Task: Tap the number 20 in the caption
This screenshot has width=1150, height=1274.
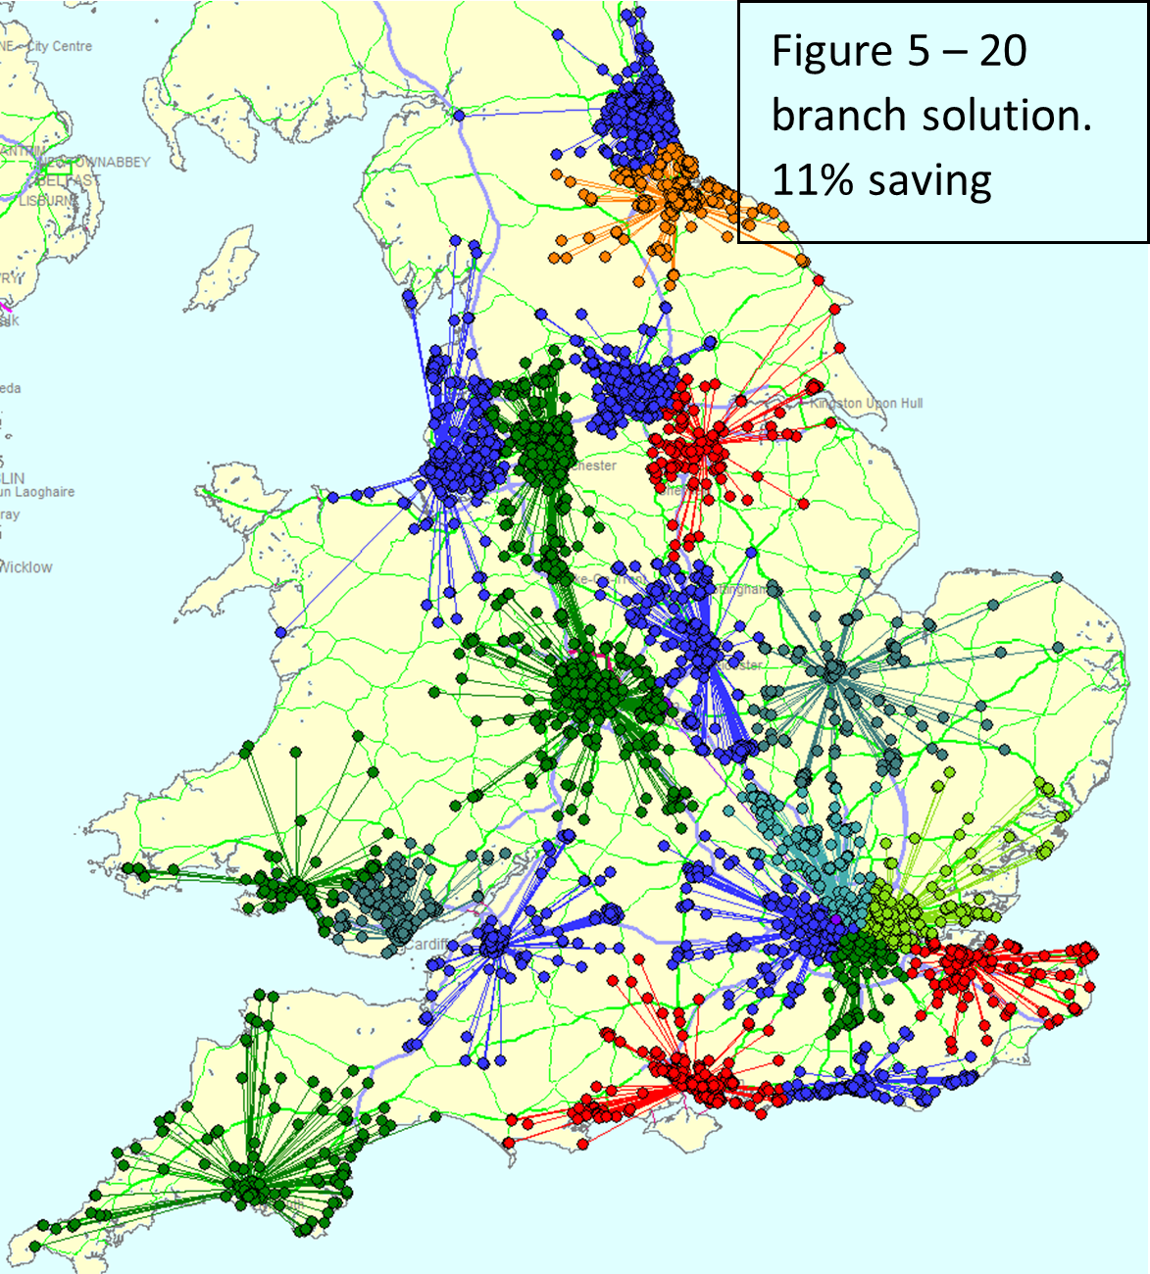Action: click(1002, 51)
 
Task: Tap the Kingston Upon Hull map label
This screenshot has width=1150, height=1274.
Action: click(867, 403)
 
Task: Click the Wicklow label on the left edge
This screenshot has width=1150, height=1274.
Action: click(26, 567)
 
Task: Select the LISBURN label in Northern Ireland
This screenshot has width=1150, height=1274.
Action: click(47, 201)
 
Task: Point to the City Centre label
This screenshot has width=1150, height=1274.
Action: click(60, 46)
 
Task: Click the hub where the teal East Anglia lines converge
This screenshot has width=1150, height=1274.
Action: click(834, 671)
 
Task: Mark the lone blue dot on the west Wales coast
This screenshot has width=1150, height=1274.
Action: click(281, 632)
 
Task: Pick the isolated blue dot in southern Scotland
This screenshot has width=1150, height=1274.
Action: click(459, 116)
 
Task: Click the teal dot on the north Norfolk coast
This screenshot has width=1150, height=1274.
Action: click(1057, 577)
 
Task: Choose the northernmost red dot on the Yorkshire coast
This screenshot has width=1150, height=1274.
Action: click(819, 281)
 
